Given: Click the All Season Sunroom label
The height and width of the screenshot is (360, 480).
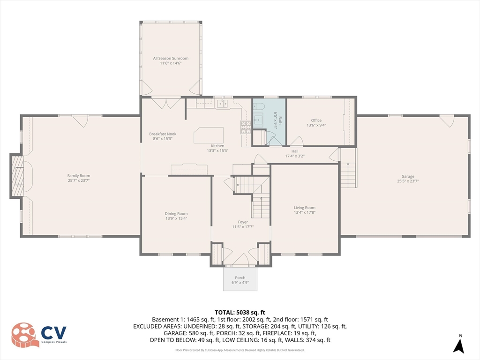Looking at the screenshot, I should tap(171, 59).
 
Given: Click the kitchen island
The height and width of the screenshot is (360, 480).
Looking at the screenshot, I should tap(209, 135).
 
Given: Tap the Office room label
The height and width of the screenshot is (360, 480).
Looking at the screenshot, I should tap(316, 120).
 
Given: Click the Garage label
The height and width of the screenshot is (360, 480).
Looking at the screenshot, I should tap(408, 176).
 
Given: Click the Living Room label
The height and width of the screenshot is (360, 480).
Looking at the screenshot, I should tap(305, 208).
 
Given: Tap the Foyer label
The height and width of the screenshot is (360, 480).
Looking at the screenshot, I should tap(243, 222).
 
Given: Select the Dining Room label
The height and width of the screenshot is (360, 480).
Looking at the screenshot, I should tap(176, 214).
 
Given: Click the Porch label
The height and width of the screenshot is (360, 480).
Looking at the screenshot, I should tap(240, 278).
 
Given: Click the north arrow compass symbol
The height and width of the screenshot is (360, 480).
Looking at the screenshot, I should tap(458, 345).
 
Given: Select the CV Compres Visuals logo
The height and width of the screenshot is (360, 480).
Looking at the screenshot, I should tap(39, 335).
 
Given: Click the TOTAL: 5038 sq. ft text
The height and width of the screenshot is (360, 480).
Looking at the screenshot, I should tap(240, 312).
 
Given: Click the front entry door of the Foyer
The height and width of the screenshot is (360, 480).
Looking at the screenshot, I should tap(240, 260).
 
